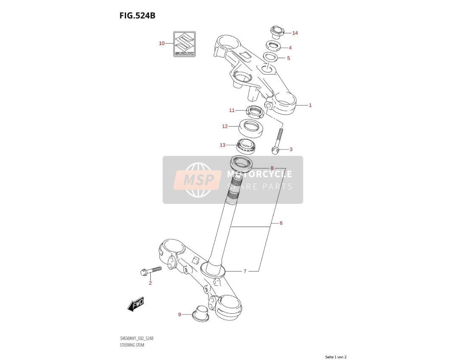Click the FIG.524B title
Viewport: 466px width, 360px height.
138,15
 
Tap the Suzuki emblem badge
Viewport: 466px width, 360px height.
184,44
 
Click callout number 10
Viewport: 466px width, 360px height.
162,43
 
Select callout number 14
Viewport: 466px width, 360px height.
295,33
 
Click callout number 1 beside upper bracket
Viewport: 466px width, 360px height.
310,105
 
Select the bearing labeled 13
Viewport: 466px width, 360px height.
245,146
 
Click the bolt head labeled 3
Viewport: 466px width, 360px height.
275,150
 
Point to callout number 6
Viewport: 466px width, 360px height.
281,223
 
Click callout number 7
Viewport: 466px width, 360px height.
245,271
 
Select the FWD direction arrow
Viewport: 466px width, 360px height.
136,304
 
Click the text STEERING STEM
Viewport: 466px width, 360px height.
132,345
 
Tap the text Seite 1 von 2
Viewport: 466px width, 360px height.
336,357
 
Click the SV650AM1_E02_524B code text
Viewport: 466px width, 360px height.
137,338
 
